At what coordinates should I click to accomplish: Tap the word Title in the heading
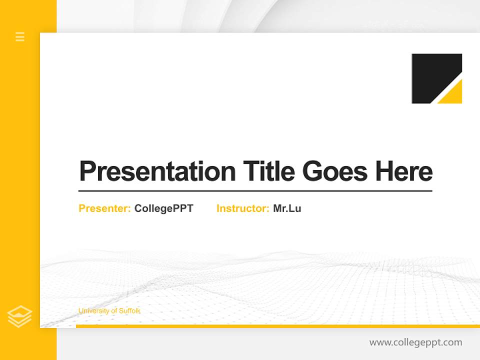[x=268, y=171]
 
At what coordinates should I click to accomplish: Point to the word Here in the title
[x=404, y=171]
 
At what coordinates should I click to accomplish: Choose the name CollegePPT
[x=163, y=208]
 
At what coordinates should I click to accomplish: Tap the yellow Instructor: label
[x=243, y=208]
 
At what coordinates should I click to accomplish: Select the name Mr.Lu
[x=287, y=208]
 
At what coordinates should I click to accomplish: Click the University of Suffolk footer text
[x=109, y=311]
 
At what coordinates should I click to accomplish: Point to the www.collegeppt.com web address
[x=415, y=342]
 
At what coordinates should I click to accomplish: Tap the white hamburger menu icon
[x=20, y=36]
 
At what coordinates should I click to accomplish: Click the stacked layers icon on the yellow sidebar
[x=20, y=316]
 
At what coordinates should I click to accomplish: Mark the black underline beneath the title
[x=255, y=191]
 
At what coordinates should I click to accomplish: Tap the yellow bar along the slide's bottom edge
[x=277, y=326]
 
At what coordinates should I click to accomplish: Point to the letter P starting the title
[x=87, y=171]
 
